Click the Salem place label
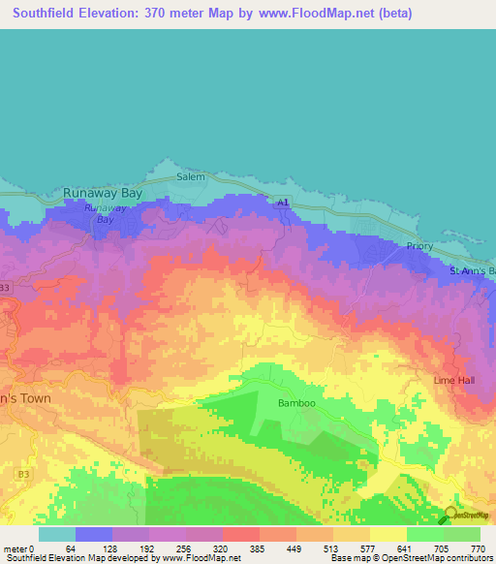click(190, 177)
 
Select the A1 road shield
click(281, 203)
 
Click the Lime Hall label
click(454, 380)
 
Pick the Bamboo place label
click(296, 402)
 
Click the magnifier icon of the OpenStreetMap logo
click(450, 516)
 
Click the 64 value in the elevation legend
click(71, 548)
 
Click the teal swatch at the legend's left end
click(56, 534)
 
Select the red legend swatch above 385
click(240, 534)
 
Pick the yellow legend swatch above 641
click(387, 534)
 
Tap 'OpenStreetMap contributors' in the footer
click(443, 558)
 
